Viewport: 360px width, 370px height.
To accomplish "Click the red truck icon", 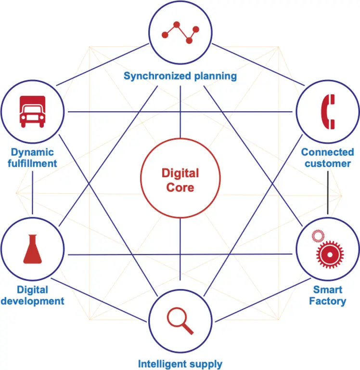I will (x=32, y=111).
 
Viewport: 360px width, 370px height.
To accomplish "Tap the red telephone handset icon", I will (x=328, y=112).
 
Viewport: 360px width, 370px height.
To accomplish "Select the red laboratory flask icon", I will (x=32, y=249).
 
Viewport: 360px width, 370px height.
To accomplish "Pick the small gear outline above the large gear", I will (x=318, y=236).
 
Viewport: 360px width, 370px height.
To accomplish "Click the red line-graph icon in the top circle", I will (x=180, y=32).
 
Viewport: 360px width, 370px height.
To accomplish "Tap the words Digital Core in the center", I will (x=180, y=180).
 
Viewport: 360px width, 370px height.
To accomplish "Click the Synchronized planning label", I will (x=180, y=76).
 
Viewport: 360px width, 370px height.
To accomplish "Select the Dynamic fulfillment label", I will (x=32, y=158).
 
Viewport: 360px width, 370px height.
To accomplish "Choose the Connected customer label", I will (x=327, y=158).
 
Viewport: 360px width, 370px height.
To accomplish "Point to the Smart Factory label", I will (x=327, y=295).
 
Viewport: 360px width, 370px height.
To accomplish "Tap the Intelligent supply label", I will (x=180, y=364).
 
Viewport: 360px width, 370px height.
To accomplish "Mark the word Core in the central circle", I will (x=180, y=187).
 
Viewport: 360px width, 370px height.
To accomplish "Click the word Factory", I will (x=327, y=302).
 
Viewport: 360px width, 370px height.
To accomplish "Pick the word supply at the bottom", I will (x=207, y=364).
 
